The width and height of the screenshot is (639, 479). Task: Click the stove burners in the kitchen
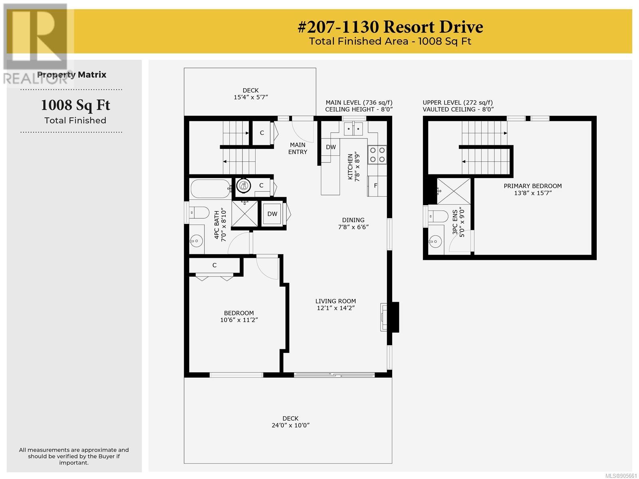pyautogui.click(x=377, y=154)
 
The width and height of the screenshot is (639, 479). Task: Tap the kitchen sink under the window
pyautogui.click(x=353, y=129)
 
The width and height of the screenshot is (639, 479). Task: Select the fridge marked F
pyautogui.click(x=377, y=186)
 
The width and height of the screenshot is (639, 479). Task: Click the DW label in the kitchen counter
pyautogui.click(x=331, y=147)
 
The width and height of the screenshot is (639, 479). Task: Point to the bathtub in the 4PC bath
pyautogui.click(x=210, y=189)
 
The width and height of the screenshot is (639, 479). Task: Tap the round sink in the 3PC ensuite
pyautogui.click(x=435, y=241)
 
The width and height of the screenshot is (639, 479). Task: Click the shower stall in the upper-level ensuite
pyautogui.click(x=454, y=191)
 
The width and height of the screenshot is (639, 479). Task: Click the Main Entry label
pyautogui.click(x=298, y=148)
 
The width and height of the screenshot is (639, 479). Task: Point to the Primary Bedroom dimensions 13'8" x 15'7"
pyautogui.click(x=533, y=193)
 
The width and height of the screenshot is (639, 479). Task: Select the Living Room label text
pyautogui.click(x=335, y=301)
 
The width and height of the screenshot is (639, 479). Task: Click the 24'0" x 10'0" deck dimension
pyautogui.click(x=290, y=425)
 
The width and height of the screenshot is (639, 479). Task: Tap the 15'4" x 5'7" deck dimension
pyautogui.click(x=251, y=97)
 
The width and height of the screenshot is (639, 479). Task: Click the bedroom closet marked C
pyautogui.click(x=214, y=265)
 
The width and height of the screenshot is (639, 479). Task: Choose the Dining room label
pyautogui.click(x=353, y=220)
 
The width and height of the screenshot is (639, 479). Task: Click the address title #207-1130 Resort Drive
pyautogui.click(x=390, y=27)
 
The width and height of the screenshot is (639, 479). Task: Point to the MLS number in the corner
pyautogui.click(x=621, y=476)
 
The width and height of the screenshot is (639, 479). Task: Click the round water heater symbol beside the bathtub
pyautogui.click(x=243, y=185)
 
